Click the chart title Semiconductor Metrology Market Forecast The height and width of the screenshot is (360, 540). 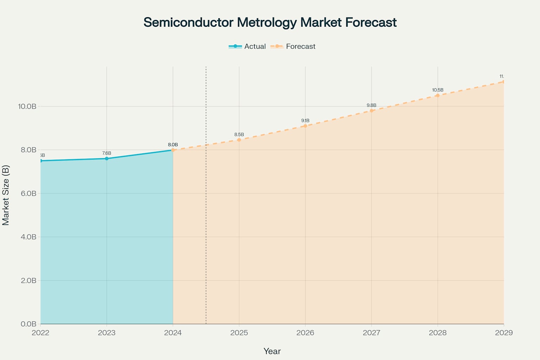tap(270, 22)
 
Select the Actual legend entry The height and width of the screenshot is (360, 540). tap(247, 46)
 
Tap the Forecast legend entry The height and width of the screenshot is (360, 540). tap(293, 46)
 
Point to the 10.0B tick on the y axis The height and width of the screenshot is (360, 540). tap(27, 106)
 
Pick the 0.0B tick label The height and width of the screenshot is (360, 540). tap(28, 324)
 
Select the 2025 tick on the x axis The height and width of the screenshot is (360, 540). tap(239, 333)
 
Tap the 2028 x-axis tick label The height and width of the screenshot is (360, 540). tap(438, 333)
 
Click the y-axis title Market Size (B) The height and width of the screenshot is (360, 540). tap(6, 195)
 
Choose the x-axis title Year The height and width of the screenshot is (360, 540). tap(272, 351)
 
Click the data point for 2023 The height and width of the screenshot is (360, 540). tap(107, 159)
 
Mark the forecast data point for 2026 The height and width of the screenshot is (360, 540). tap(305, 126)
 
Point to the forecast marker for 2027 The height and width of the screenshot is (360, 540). tap(372, 111)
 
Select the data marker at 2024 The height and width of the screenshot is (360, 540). tap(173, 150)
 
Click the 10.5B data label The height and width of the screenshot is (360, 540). tap(438, 90)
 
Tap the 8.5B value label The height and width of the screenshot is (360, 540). tap(239, 135)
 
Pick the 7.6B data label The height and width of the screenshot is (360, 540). tap(107, 153)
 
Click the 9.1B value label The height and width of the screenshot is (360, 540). tap(305, 121)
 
